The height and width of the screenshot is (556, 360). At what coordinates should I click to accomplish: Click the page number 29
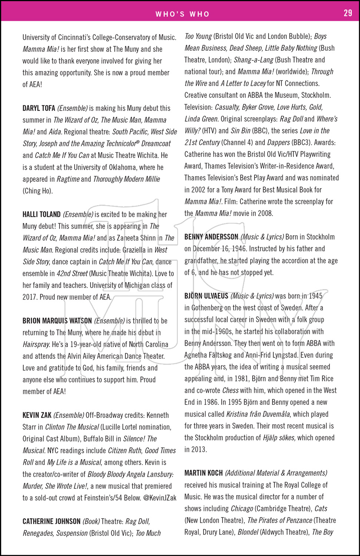click(348, 13)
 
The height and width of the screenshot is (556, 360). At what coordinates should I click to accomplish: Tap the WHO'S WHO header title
click(182, 14)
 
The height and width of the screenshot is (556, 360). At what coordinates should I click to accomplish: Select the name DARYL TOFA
click(39, 108)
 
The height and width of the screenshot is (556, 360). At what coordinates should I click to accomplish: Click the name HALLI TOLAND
click(42, 214)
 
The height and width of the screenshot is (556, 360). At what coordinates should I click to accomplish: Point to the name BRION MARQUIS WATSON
click(57, 321)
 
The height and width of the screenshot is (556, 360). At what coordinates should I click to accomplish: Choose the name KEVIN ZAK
click(37, 415)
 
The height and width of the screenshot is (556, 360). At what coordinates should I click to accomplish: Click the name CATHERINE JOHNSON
click(52, 521)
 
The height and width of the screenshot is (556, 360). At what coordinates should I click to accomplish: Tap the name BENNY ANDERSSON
click(211, 237)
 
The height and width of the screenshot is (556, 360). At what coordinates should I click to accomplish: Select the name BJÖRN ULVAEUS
click(207, 296)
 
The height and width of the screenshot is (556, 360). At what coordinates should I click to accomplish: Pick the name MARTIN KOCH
click(204, 473)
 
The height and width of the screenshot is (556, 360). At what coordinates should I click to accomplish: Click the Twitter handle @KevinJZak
click(160, 498)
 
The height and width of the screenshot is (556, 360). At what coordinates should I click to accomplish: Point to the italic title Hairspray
click(36, 344)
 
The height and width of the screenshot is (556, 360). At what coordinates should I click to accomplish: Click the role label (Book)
click(91, 521)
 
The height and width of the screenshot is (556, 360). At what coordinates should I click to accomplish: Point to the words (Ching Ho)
click(38, 191)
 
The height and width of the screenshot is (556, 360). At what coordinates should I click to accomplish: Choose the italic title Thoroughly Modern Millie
click(126, 179)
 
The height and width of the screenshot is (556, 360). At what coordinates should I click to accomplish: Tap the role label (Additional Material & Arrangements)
click(276, 473)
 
